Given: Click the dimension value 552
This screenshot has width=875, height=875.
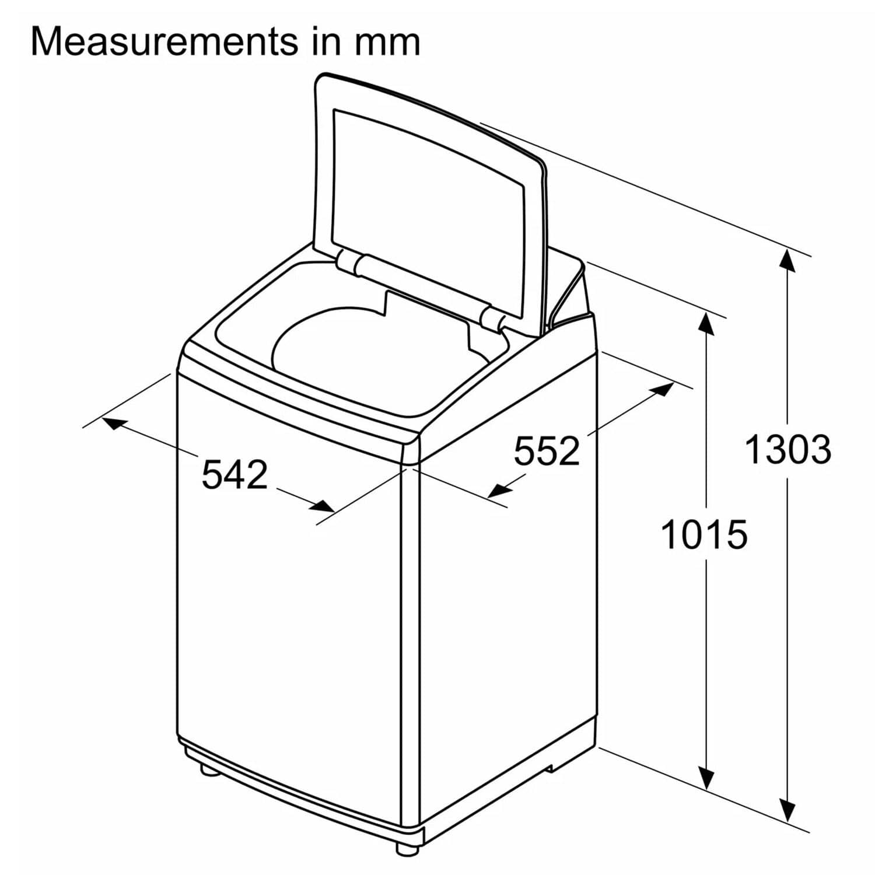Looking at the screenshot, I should [547, 450].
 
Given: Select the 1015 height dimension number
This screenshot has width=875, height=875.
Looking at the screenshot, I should [704, 534].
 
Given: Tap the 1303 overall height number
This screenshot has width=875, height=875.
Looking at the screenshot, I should [788, 450].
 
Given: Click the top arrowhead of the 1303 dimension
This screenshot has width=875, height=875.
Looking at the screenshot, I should [787, 260].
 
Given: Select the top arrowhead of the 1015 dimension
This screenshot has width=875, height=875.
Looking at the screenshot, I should [706, 323].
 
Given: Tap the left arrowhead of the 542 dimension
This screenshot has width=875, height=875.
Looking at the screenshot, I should [114, 423].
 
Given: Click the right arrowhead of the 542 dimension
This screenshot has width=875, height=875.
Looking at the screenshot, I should [323, 506].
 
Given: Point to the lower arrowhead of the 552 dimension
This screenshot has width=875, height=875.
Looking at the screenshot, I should [498, 489].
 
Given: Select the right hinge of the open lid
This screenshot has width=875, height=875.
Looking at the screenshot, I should [494, 318].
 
